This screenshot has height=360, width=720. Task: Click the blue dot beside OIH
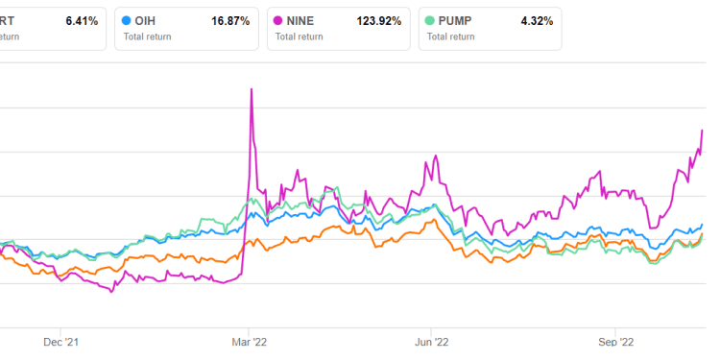pyautogui.click(x=130, y=20)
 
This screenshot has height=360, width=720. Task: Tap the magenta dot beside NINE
pyautogui.click(x=280, y=20)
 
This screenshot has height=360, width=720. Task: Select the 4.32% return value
pyautogui.click(x=534, y=20)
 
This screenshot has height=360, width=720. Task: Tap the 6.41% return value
pyautogui.click(x=80, y=20)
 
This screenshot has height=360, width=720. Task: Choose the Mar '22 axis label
pyautogui.click(x=250, y=341)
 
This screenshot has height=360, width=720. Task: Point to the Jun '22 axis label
pyautogui.click(x=432, y=341)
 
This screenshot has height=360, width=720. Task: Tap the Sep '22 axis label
pyautogui.click(x=616, y=341)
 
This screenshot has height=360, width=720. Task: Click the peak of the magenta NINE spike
pyautogui.click(x=252, y=89)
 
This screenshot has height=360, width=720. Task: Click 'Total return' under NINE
pyautogui.click(x=301, y=37)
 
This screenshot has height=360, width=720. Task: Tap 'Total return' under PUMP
pyautogui.click(x=452, y=37)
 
